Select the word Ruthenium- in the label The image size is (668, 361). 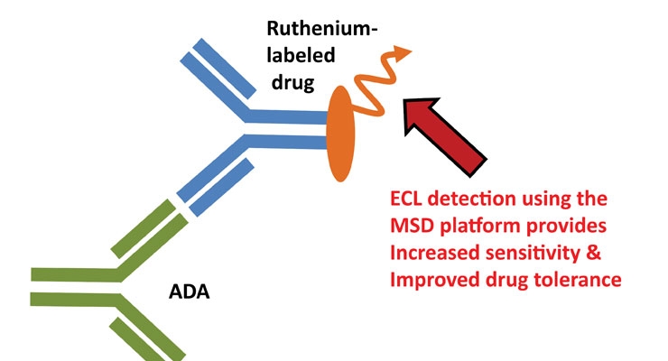coord(317,30)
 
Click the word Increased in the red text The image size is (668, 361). coord(431,254)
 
